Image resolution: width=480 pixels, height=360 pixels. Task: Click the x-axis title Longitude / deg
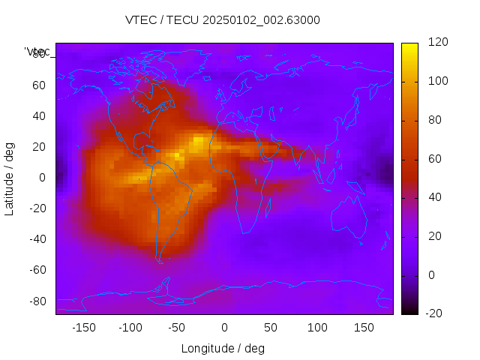[223, 349]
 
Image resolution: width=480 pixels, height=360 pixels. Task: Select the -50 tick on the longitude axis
[177, 328]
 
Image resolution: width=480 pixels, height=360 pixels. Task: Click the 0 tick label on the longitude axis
[224, 328]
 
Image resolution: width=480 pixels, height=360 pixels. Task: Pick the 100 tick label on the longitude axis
[317, 328]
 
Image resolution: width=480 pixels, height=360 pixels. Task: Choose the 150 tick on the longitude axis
[364, 328]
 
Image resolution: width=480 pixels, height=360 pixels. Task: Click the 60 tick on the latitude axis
[39, 85]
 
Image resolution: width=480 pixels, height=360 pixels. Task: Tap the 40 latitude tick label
[39, 115]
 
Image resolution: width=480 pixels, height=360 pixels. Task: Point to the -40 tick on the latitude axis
[37, 239]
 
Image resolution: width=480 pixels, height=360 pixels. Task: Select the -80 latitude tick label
[37, 301]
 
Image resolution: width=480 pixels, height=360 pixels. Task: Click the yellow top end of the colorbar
[409, 46]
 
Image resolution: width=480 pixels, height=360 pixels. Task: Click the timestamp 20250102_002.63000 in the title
[261, 20]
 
